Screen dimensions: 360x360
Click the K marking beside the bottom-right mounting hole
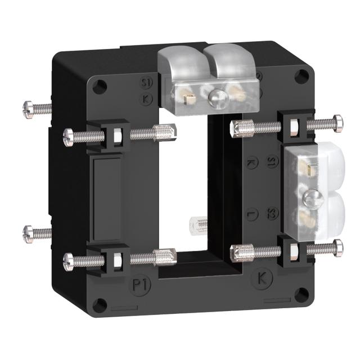click(262, 278)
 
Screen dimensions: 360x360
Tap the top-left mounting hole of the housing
click(100, 86)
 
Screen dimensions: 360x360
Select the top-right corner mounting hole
click(303, 75)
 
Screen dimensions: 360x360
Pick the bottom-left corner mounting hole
click(100, 305)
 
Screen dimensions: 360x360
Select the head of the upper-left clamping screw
click(69, 135)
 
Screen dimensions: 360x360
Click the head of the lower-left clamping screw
click(69, 259)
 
